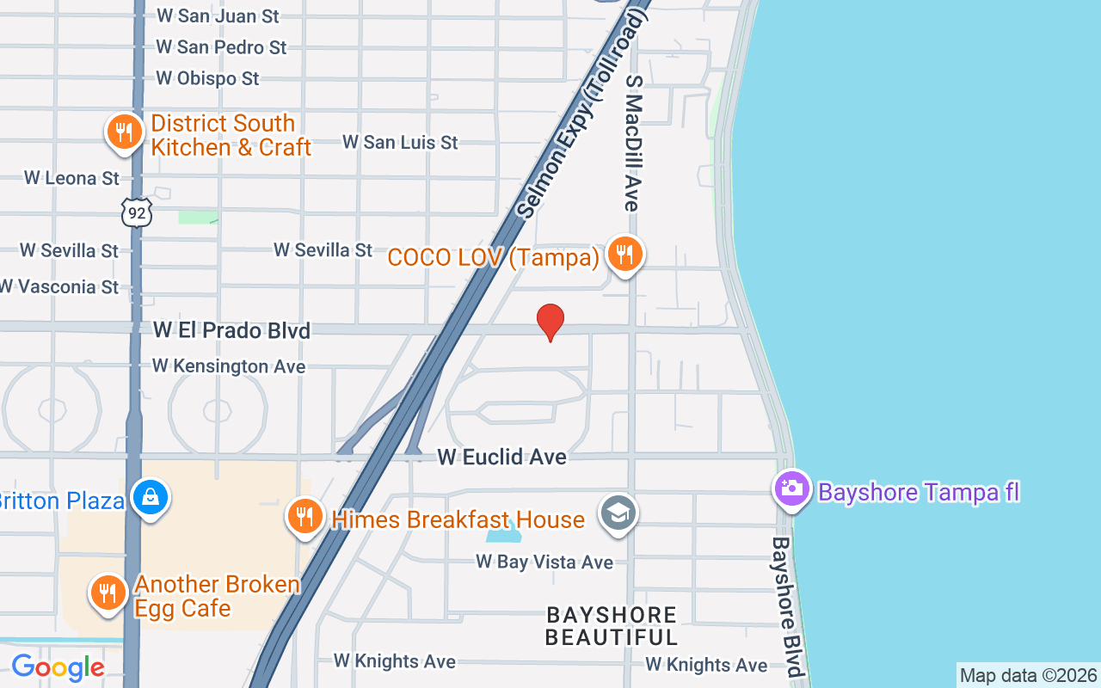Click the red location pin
(550, 322)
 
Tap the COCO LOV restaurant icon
(624, 254)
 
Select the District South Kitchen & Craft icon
(125, 132)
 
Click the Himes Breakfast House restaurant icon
(304, 517)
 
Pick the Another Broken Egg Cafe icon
(108, 593)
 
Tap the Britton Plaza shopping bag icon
(151, 498)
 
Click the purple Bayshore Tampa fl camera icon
(791, 488)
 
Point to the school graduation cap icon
(618, 513)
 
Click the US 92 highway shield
(136, 212)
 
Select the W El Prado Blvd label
(231, 330)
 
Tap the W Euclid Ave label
(501, 457)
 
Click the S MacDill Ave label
(634, 143)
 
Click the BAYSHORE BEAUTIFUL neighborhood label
(612, 626)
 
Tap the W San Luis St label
(400, 143)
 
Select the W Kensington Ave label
(229, 366)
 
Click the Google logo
(58, 667)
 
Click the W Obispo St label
(207, 78)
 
